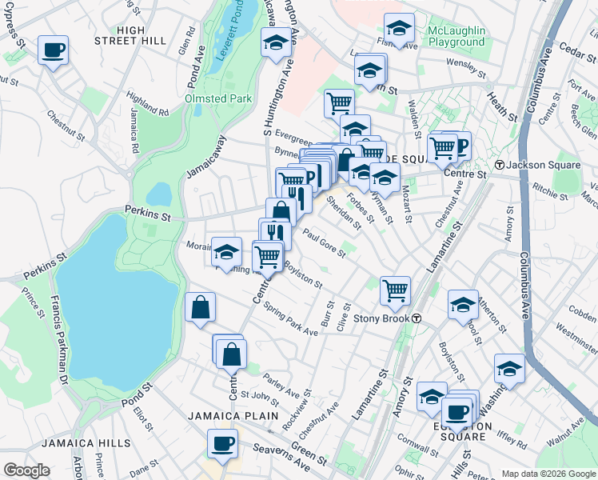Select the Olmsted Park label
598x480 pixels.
tap(218, 98)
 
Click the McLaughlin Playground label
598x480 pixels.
tap(456, 35)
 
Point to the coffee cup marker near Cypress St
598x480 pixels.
tap(53, 50)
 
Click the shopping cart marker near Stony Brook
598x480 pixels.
tap(395, 291)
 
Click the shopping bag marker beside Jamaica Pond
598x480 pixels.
tap(200, 307)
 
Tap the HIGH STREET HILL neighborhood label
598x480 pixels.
tap(130, 35)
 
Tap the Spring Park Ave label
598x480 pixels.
tap(291, 318)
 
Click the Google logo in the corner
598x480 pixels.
tap(26, 470)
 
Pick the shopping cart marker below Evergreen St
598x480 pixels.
tap(339, 102)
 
